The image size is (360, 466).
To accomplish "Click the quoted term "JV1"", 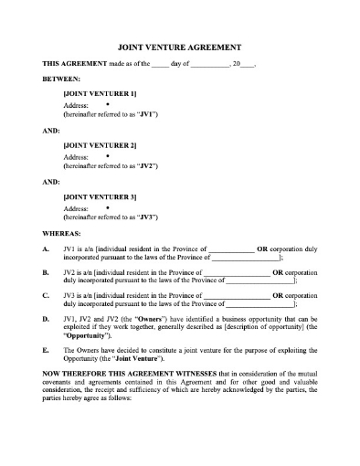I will pos(147,116).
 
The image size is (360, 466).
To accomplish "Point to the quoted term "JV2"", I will pos(147,167).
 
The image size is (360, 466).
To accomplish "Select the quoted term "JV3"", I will pos(147,218).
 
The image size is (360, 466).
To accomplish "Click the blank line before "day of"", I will pos(160,65).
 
